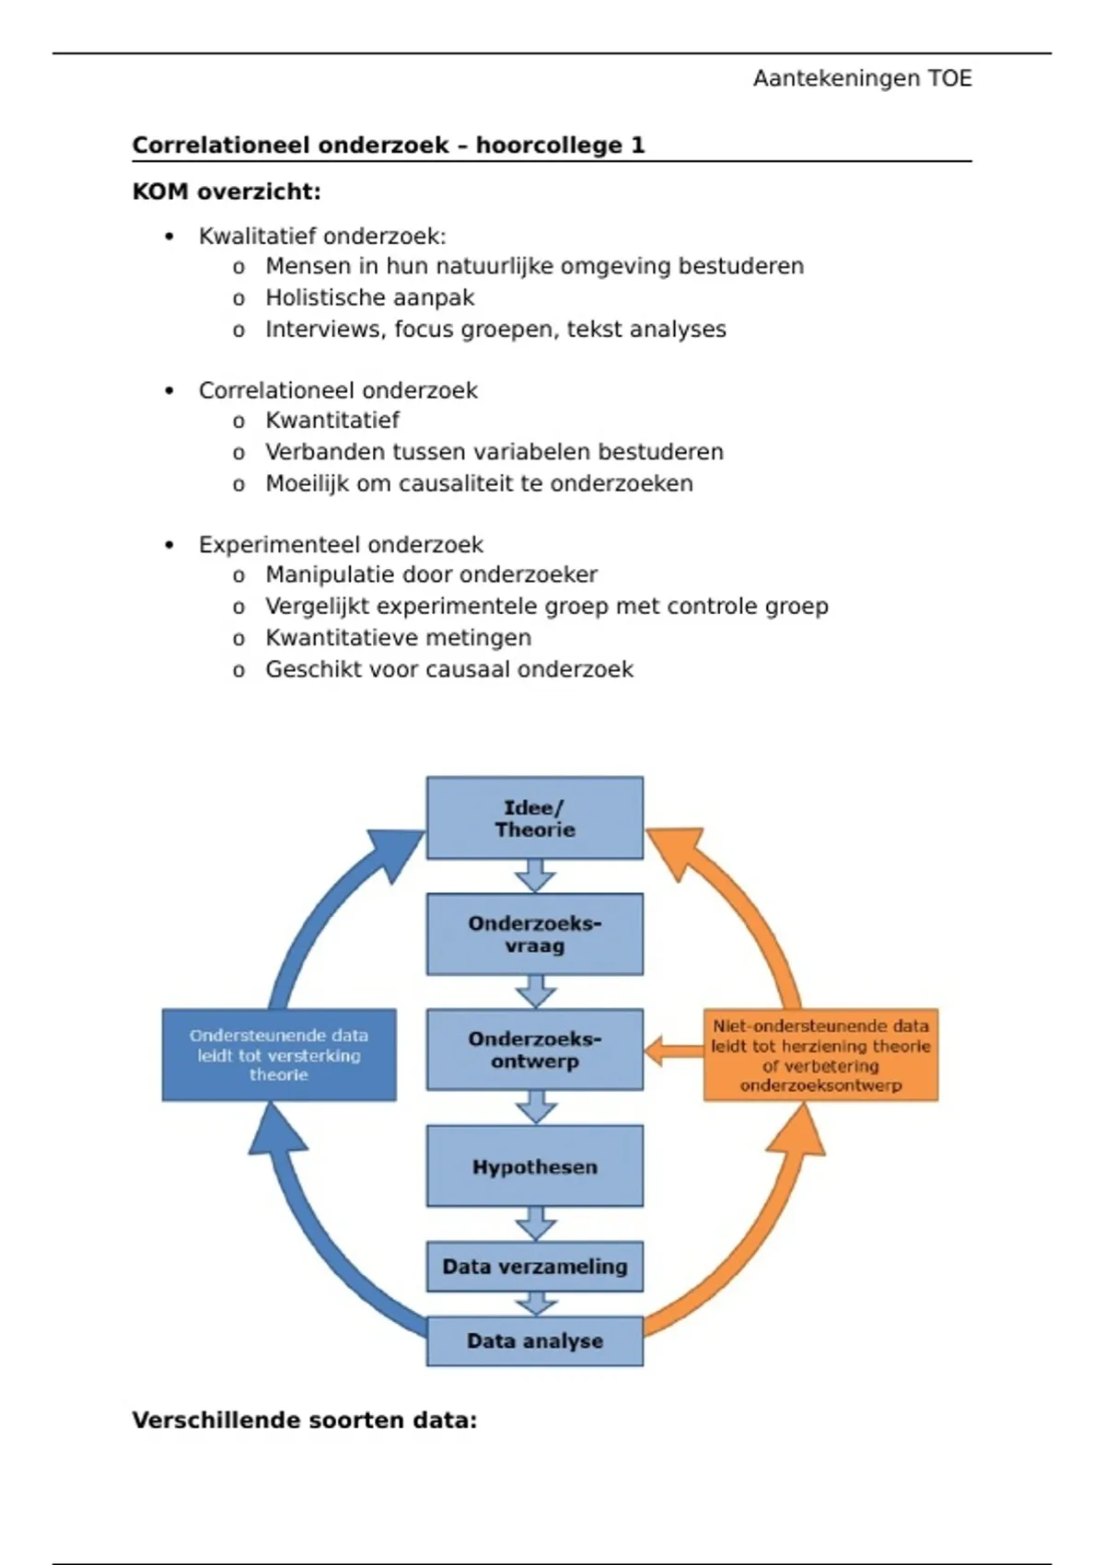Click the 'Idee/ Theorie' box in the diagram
(534, 818)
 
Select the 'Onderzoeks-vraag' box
(534, 934)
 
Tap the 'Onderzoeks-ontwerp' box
(534, 1049)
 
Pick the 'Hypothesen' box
(534, 1166)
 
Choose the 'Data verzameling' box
(534, 1267)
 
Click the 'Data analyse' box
(534, 1341)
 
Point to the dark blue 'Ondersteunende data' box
(279, 1055)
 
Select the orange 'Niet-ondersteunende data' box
(820, 1055)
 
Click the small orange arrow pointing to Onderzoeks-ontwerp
(672, 1050)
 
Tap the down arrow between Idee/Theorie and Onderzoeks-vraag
(535, 876)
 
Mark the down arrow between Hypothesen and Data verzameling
(535, 1224)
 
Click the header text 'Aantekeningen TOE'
(862, 79)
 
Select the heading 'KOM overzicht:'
(227, 192)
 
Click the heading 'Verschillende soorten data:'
(304, 1420)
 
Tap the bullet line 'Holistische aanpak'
(369, 298)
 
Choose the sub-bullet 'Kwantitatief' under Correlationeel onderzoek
(332, 421)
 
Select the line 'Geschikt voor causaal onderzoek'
(448, 670)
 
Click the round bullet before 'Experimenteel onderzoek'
(169, 545)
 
